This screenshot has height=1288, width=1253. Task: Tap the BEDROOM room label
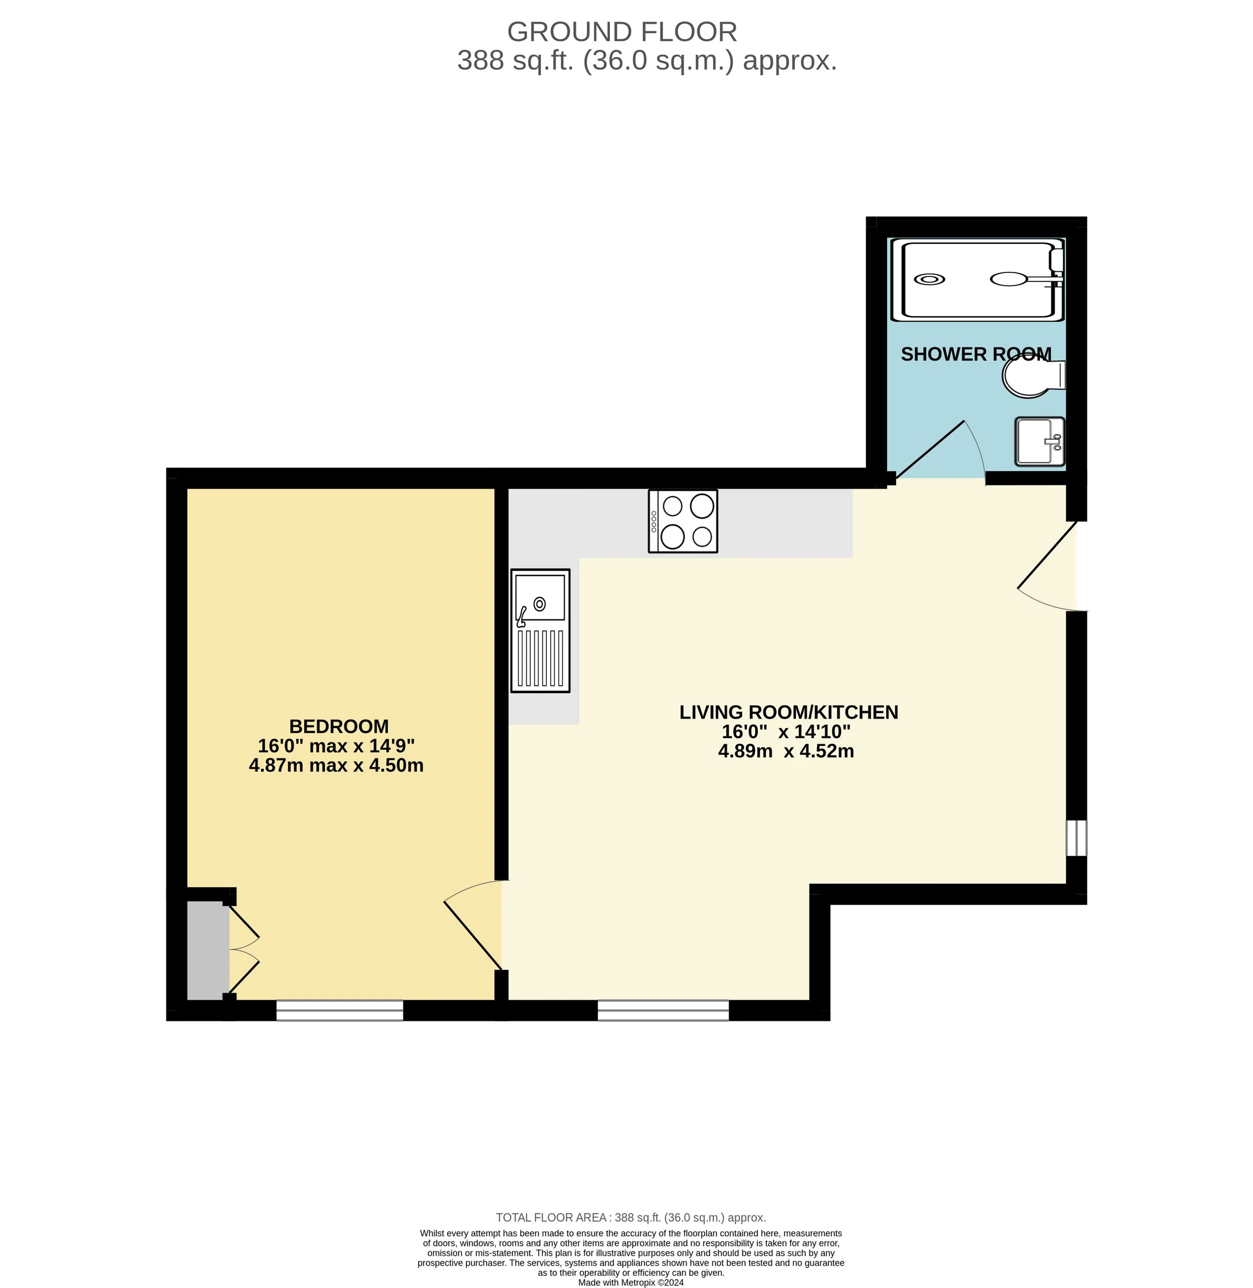tap(339, 726)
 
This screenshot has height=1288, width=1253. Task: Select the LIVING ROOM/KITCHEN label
tap(788, 712)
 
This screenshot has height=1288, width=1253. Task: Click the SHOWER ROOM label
tap(975, 354)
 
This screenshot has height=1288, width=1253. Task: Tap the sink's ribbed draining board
tap(540, 658)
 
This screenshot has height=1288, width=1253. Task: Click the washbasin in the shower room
tap(1038, 442)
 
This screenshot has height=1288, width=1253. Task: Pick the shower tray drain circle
tap(929, 279)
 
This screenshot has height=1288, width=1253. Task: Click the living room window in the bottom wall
tap(663, 1010)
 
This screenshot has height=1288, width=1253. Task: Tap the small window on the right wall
tap(1076, 837)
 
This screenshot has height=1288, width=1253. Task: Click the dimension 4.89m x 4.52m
tap(786, 751)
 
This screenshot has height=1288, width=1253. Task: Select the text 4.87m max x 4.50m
tap(336, 766)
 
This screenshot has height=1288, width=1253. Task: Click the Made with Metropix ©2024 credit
tap(631, 1282)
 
